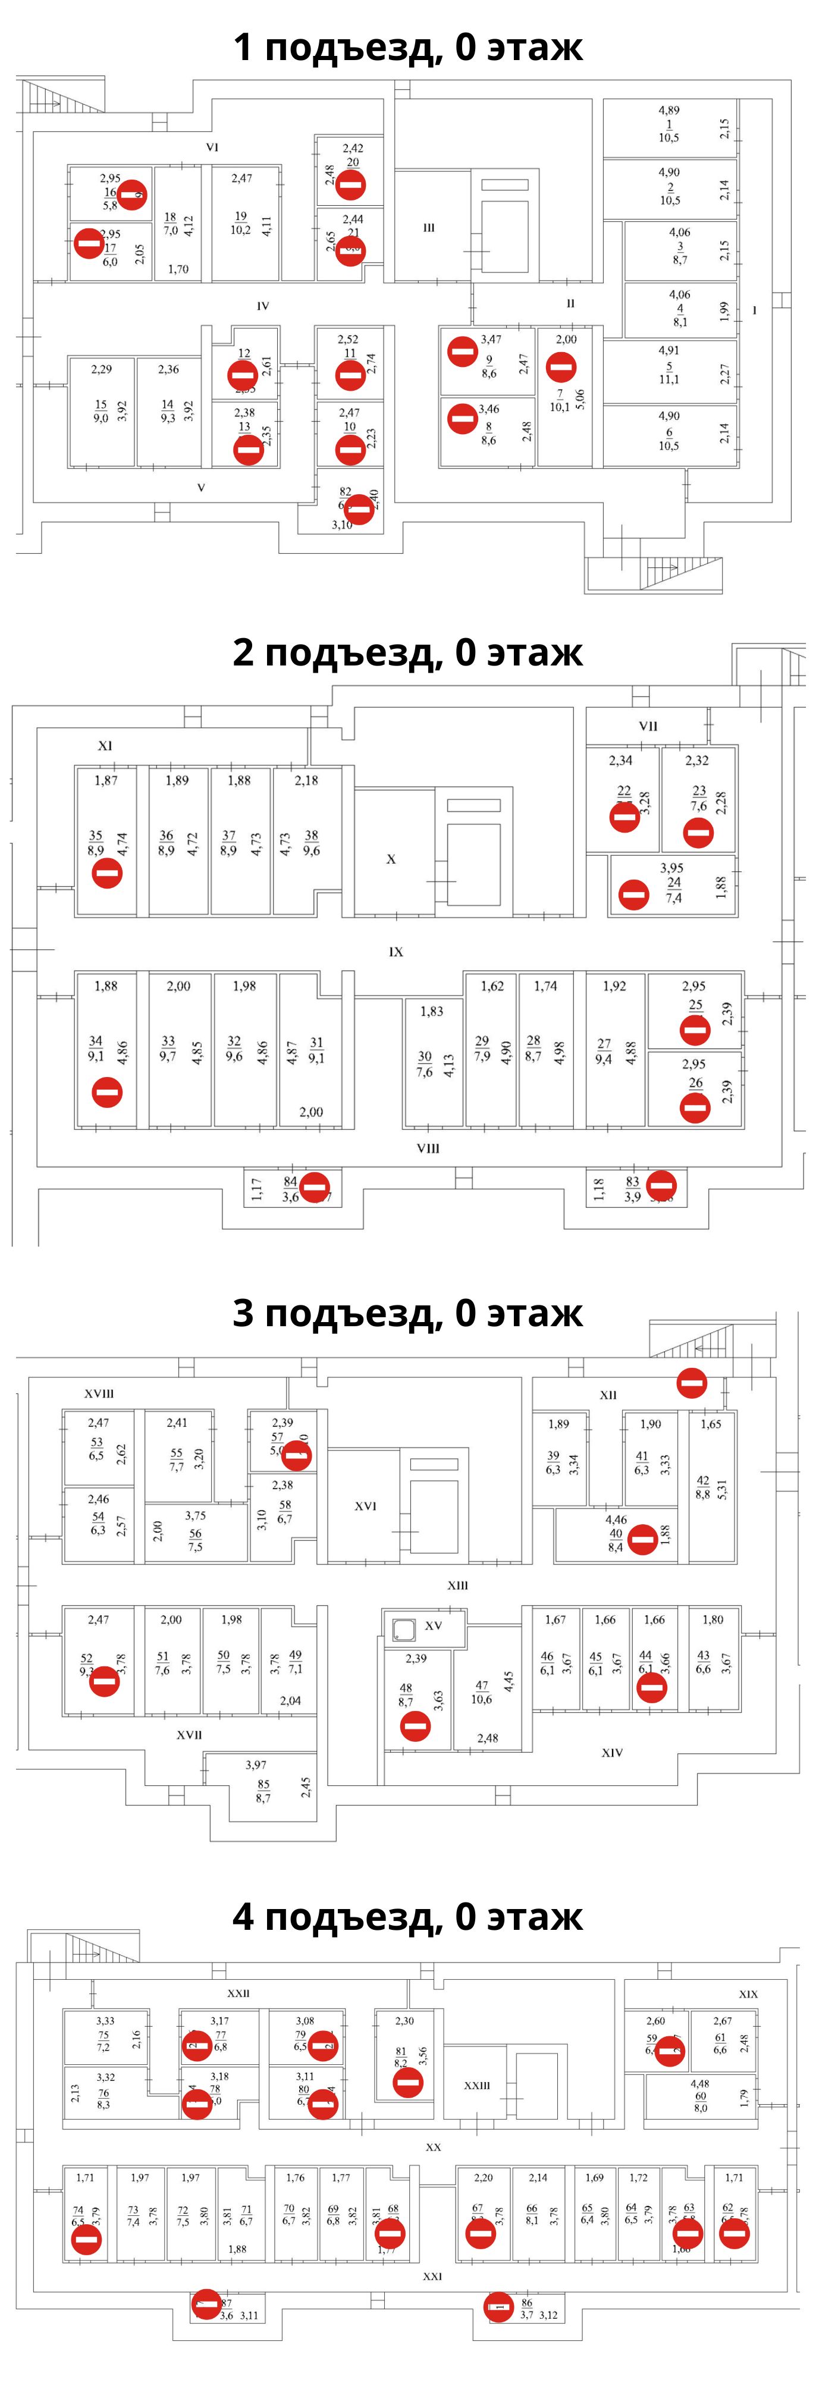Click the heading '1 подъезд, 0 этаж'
pos(407,46)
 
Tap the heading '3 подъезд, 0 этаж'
pos(407,1313)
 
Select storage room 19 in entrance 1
pos(241,222)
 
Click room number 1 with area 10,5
pos(669,124)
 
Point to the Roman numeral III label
pos(429,228)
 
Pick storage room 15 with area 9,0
pos(101,410)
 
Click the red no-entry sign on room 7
pos(560,368)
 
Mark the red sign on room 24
pos(633,894)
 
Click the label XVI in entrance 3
pos(366,1506)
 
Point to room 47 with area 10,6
pos(482,1692)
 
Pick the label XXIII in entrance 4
pos(477,2085)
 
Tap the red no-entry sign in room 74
pos(87,2240)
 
